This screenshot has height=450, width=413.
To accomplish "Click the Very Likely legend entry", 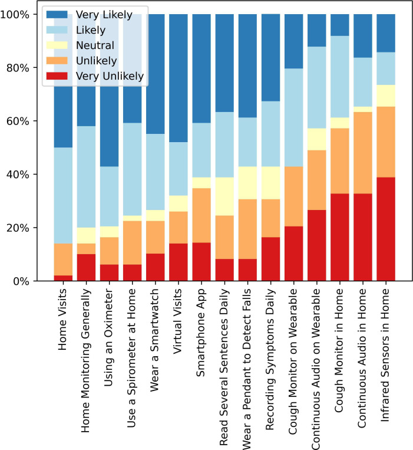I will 95,13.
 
